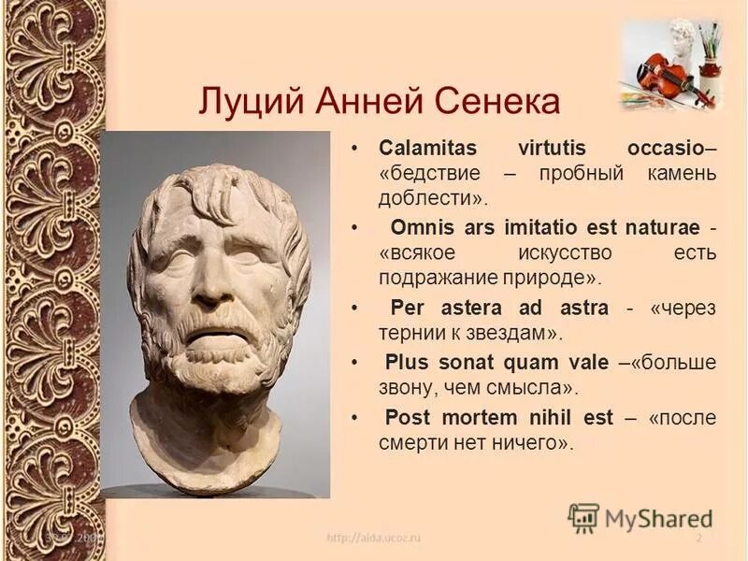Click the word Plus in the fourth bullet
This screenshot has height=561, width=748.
407,363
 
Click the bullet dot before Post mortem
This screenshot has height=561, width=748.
354,417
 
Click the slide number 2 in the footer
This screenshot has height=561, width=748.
698,539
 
